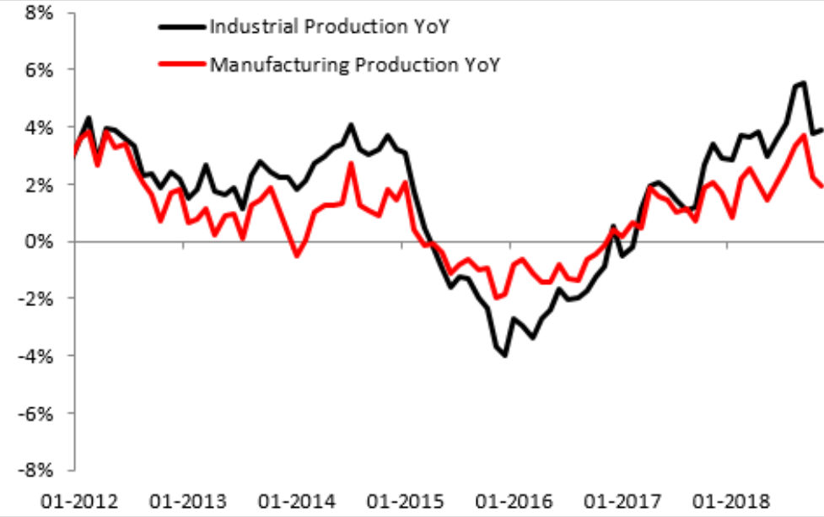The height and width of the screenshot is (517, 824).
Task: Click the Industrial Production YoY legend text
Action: [x=328, y=26]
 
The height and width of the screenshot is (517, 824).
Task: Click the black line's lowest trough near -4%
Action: [x=505, y=356]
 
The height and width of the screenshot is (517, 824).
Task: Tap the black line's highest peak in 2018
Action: [x=803, y=83]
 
